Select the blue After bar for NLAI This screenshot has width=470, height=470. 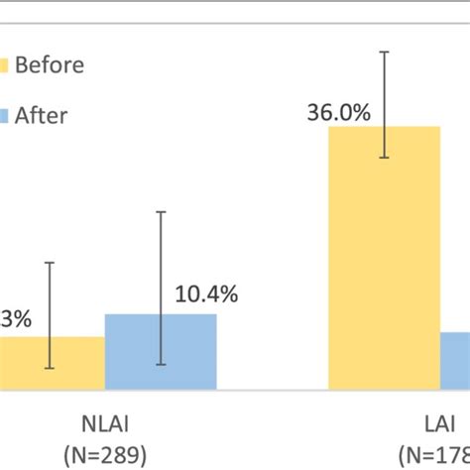161,352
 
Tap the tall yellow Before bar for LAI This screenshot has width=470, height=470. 384,258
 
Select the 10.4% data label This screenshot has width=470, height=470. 206,294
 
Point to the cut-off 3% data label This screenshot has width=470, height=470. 16,319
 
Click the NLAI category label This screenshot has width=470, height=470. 106,426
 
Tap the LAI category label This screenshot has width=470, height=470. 436,426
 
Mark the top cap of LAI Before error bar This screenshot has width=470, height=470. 385,52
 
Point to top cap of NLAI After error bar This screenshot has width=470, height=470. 161,210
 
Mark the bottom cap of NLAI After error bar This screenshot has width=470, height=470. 161,363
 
